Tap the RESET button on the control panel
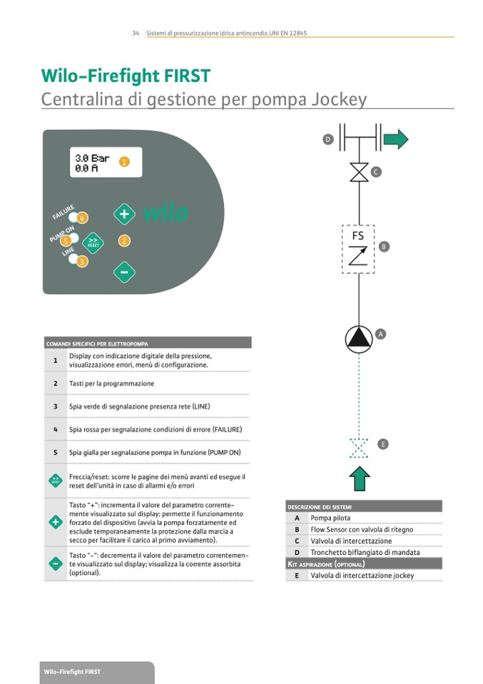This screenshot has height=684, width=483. (x=93, y=243)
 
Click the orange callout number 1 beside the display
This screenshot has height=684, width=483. (x=124, y=162)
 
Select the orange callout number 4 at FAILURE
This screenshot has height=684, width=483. (x=83, y=218)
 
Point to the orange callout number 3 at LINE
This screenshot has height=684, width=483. (x=83, y=262)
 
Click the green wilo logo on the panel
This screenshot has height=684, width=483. (x=166, y=213)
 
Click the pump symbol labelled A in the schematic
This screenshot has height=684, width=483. (x=359, y=339)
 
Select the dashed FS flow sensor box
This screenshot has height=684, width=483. (x=358, y=248)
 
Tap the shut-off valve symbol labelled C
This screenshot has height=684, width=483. (x=359, y=173)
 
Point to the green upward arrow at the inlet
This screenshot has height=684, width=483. (x=360, y=478)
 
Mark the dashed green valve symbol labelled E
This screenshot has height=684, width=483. (x=359, y=448)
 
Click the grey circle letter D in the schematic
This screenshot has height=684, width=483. (x=328, y=140)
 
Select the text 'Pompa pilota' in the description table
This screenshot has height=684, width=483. (x=330, y=518)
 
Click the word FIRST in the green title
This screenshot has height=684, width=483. (x=181, y=76)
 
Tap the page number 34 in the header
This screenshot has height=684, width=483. (x=136, y=34)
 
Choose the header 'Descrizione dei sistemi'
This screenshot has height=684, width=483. (x=319, y=506)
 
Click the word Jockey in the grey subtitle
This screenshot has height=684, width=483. (x=339, y=99)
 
